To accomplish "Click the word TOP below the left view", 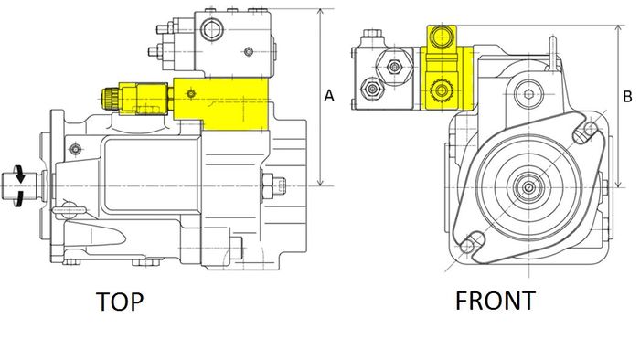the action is tap(120, 302).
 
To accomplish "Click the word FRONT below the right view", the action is tap(496, 301).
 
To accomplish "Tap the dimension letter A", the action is tap(329, 95).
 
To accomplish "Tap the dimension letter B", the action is tap(627, 97).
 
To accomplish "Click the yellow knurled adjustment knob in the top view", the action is tap(110, 98).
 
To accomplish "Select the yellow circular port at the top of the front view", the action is tap(442, 36).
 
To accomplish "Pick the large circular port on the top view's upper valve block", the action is tap(212, 30).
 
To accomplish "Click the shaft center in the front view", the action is tap(529, 187).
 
